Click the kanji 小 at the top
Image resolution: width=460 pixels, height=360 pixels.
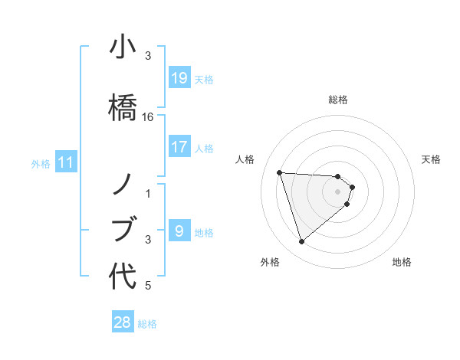click(123, 47)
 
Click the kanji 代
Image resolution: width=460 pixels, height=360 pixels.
click(123, 277)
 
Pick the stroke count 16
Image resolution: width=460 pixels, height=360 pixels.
click(148, 117)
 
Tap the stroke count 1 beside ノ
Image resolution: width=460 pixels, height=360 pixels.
click(148, 193)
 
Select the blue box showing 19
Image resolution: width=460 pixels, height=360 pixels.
click(179, 78)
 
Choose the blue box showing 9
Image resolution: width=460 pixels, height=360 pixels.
click(179, 231)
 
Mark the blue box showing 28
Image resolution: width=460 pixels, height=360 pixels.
click(123, 322)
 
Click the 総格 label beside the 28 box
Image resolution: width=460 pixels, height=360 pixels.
click(148, 324)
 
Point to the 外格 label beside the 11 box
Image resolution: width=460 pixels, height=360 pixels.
click(40, 163)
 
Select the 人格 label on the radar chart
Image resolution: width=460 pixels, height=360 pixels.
click(245, 159)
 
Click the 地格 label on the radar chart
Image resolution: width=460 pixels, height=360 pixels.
click(402, 262)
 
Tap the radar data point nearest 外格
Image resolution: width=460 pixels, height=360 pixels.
click(301, 242)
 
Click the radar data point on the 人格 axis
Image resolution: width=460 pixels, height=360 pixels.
click(280, 172)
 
